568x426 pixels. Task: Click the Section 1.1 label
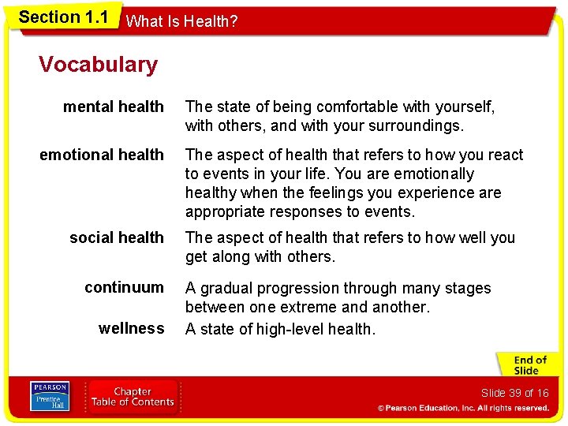coord(63,17)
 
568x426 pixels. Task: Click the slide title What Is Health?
coord(181,21)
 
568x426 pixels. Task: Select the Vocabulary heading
coord(98,64)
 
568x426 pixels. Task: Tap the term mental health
coord(114,106)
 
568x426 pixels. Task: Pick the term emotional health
coord(102,155)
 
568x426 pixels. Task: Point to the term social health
coord(117,237)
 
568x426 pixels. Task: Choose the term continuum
coord(125,287)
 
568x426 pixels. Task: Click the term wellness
coord(131,328)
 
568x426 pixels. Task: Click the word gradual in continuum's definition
coord(224,288)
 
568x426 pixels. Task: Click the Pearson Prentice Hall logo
coord(49,396)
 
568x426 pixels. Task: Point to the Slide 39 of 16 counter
coord(514,393)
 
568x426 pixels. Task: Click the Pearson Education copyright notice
coord(462,408)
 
